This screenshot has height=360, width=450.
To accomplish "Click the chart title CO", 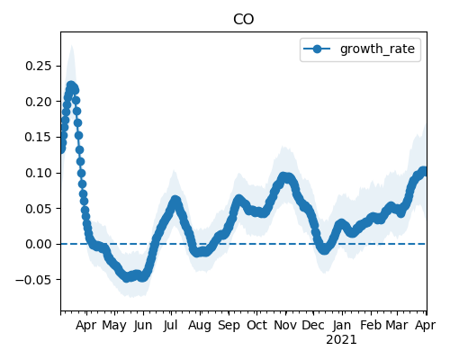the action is pyautogui.click(x=243, y=19).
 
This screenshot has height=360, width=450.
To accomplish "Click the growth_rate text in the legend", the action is pyautogui.click(x=377, y=49).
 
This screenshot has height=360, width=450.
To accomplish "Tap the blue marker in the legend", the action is pyautogui.click(x=317, y=49).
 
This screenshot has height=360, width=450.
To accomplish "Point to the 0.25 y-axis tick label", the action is pyautogui.click(x=39, y=66).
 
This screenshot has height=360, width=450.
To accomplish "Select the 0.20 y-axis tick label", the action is pyautogui.click(x=39, y=102).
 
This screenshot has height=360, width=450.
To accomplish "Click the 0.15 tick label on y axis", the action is pyautogui.click(x=39, y=137).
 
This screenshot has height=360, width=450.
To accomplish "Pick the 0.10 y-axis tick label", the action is pyautogui.click(x=39, y=173).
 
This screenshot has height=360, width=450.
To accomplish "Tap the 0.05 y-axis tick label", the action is pyautogui.click(x=39, y=209).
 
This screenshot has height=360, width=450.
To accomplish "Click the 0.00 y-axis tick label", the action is pyautogui.click(x=39, y=244).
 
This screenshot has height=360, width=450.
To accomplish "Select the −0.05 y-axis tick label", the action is pyautogui.click(x=33, y=280).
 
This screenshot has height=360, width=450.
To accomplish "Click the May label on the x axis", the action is pyautogui.click(x=114, y=326).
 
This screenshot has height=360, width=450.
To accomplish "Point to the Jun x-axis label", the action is pyautogui.click(x=143, y=325).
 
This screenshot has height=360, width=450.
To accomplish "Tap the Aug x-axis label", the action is pyautogui.click(x=200, y=326).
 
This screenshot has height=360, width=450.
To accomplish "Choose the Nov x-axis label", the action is pyautogui.click(x=285, y=325).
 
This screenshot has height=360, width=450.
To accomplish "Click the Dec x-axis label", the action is pyautogui.click(x=313, y=325).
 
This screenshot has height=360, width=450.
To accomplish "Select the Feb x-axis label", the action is pyautogui.click(x=371, y=325).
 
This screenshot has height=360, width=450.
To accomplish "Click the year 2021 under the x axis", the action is pyautogui.click(x=341, y=340).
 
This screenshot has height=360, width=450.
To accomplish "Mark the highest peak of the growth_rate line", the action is pyautogui.click(x=71, y=86).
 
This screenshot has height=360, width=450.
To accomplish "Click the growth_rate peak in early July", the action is pyautogui.click(x=175, y=200).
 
